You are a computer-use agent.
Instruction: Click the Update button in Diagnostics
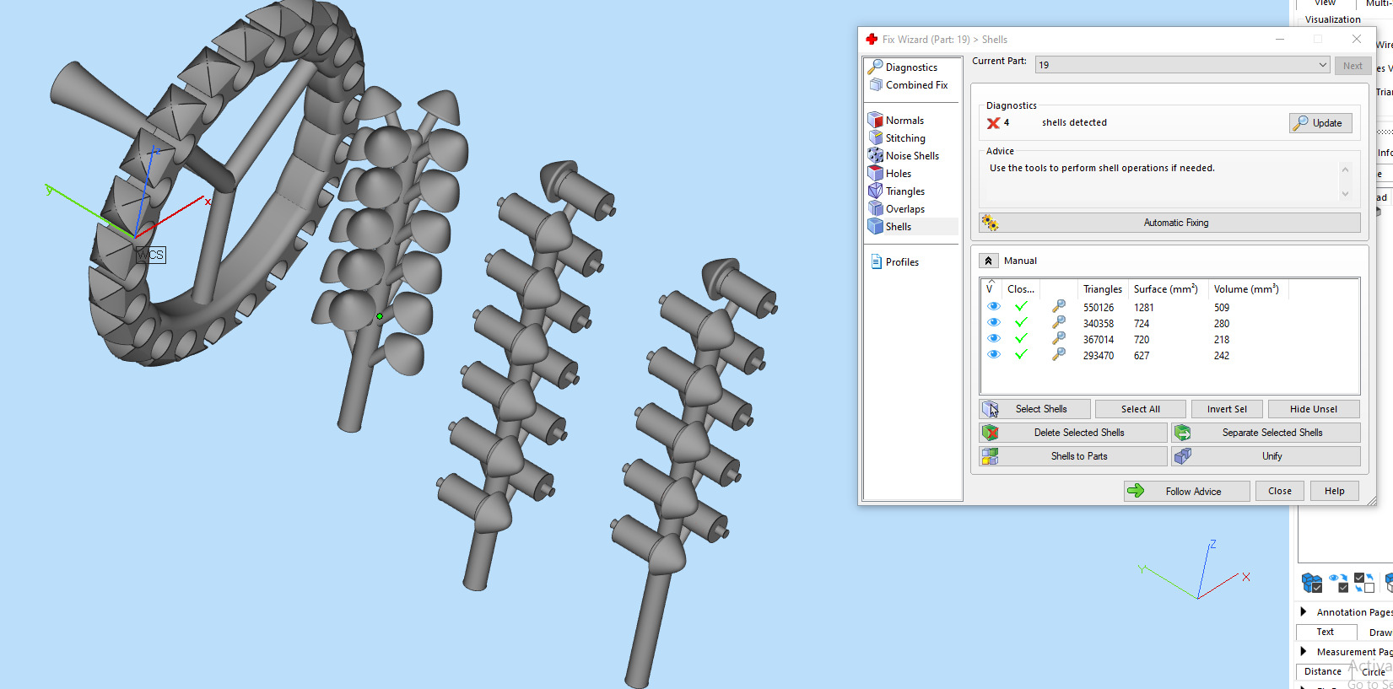[x=1320, y=123]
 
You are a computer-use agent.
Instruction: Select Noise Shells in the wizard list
[x=911, y=156]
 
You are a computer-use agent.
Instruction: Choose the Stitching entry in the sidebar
[x=904, y=138]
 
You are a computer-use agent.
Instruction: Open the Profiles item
[x=901, y=262]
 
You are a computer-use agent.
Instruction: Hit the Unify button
[x=1272, y=456]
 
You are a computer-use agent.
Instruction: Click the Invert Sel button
[x=1226, y=409]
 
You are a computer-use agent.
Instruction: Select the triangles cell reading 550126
[x=1099, y=308]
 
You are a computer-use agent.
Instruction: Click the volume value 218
[x=1222, y=340]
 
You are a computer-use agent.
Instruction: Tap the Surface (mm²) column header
[x=1165, y=289]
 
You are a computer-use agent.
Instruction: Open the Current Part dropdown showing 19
[x=1181, y=65]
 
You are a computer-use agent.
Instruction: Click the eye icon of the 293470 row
[x=994, y=355]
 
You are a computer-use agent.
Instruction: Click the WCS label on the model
[x=151, y=255]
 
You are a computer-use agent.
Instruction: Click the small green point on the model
[x=380, y=316]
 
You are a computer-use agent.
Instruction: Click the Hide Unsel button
[x=1313, y=409]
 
